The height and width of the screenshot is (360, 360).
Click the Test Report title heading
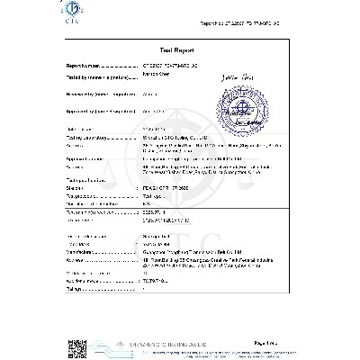tap(180, 53)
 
